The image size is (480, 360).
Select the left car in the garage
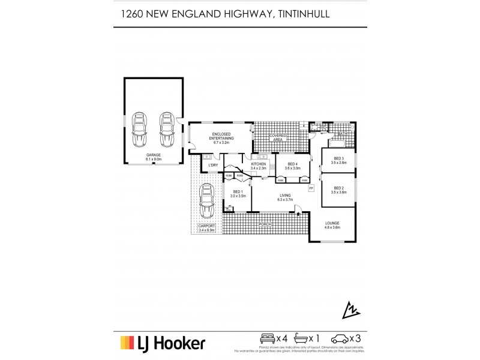click(139, 128)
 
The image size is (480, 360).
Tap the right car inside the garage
click(166, 128)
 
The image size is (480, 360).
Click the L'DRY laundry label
click(213, 165)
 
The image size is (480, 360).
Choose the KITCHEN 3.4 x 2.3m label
click(258, 166)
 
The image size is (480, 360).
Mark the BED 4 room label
click(293, 166)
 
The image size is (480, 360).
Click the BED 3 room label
click(339, 160)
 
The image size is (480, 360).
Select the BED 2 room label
click(339, 190)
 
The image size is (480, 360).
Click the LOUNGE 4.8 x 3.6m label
click(332, 226)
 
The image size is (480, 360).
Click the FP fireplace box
click(311, 189)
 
